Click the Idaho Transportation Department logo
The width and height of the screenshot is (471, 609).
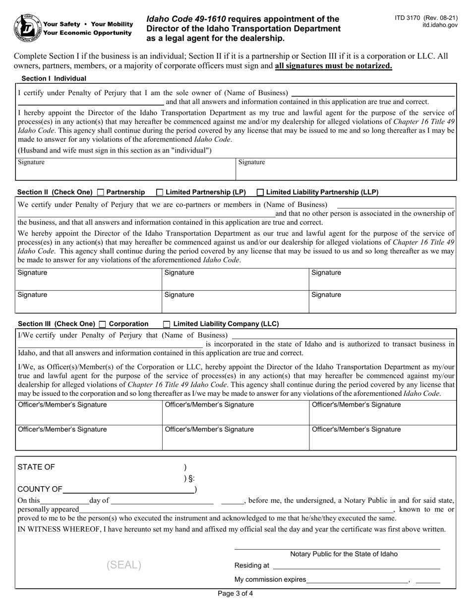tap(27, 28)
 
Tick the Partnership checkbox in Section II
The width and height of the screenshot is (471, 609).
tap(101, 192)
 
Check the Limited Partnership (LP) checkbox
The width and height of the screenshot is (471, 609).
tap(160, 192)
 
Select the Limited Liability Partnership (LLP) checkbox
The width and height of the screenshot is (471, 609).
tap(260, 192)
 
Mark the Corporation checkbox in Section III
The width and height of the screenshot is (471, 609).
tap(103, 324)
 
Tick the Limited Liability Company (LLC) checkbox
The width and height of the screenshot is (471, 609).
tap(167, 324)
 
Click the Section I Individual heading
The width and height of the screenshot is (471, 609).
tap(54, 78)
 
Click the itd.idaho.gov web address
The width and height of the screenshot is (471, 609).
tap(440, 25)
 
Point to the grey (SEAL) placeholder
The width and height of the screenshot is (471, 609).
tap(124, 565)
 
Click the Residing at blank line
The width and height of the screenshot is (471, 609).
tap(356, 565)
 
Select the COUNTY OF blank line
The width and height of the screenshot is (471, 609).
tap(128, 490)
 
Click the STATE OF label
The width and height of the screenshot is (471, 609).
tap(36, 467)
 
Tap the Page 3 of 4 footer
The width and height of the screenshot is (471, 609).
tap(235, 594)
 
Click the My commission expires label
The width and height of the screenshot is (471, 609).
tap(270, 579)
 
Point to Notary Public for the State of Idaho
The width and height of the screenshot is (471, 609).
tap(344, 554)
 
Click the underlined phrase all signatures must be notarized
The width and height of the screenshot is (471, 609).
tap(334, 66)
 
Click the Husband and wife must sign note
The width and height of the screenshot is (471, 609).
tap(115, 151)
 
